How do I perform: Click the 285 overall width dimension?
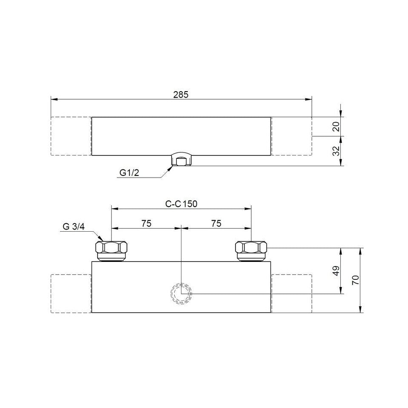(x=181, y=95)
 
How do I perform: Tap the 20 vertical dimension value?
(x=336, y=126)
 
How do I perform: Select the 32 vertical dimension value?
(x=336, y=151)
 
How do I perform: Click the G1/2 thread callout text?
(x=129, y=172)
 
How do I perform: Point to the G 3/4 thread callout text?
(x=74, y=227)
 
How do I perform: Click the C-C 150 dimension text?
(x=181, y=204)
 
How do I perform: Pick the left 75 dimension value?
(x=146, y=223)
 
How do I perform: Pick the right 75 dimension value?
(x=216, y=223)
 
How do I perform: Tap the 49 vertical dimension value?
(x=336, y=270)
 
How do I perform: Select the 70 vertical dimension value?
(x=356, y=280)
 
